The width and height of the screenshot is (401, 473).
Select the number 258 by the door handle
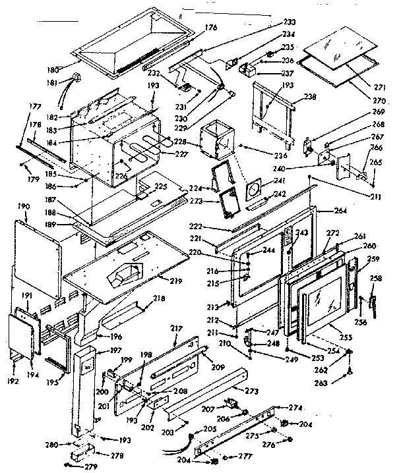coord(375,279)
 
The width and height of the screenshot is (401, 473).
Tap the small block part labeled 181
coord(76,79)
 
